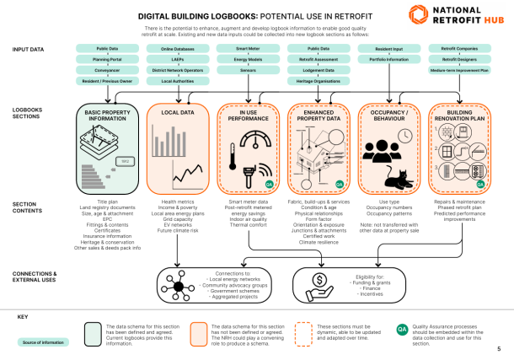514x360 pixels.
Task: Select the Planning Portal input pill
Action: click(106, 60)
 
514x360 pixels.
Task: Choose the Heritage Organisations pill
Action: click(319, 81)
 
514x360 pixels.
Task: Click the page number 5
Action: click(499, 348)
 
